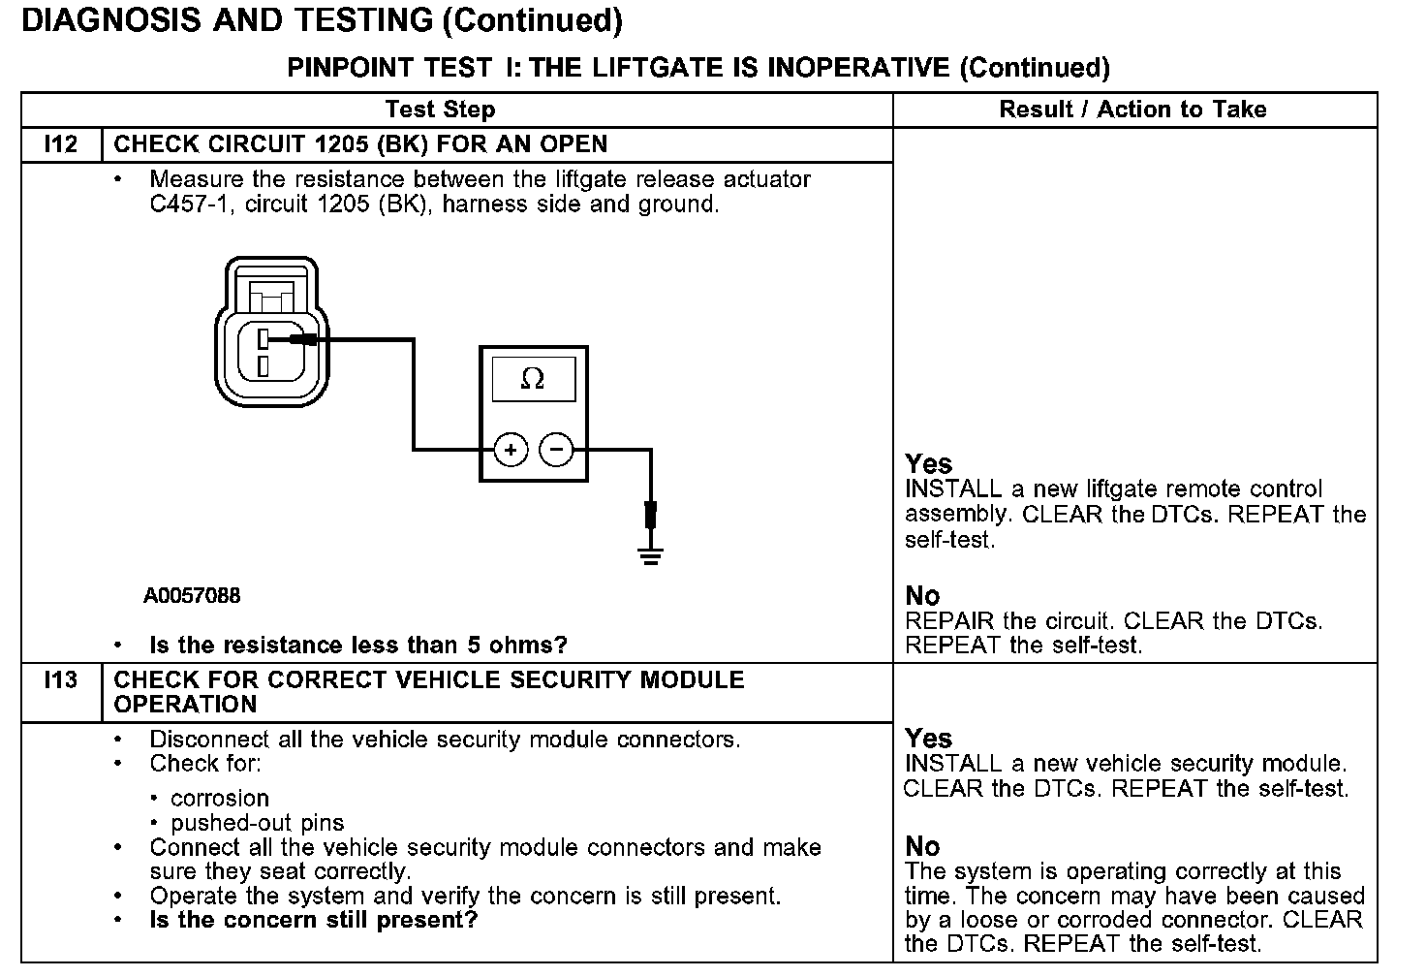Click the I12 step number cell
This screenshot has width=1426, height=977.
[x=61, y=144]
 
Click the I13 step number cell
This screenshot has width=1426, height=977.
[x=61, y=680]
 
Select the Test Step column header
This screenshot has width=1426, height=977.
[x=440, y=110]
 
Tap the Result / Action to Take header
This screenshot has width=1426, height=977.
[x=1132, y=110]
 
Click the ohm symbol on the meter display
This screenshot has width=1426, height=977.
[x=533, y=379]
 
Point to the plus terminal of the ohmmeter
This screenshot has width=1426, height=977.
[x=511, y=450]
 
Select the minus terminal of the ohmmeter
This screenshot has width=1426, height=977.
[x=556, y=450]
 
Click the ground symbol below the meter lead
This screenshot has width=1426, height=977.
[x=651, y=555]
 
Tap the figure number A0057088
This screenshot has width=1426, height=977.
[x=192, y=596]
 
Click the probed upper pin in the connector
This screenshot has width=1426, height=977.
[x=263, y=339]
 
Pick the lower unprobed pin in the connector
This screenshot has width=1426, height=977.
[x=263, y=365]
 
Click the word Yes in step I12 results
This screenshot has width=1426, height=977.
[x=929, y=464]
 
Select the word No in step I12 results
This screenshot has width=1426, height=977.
[x=923, y=596]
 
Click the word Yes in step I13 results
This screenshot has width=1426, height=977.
[x=929, y=739]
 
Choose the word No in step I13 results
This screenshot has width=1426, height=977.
[x=923, y=847]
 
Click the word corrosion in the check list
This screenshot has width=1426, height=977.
[x=220, y=799]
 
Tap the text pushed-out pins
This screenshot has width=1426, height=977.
[x=257, y=823]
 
